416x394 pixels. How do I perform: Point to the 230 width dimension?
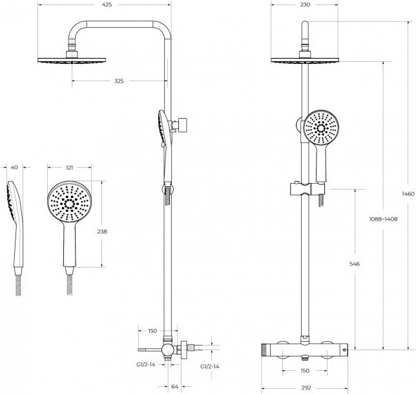point(305,5)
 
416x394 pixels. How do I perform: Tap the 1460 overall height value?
point(408,193)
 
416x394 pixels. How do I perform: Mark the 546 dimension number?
point(354,264)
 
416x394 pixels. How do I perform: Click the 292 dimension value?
point(306,388)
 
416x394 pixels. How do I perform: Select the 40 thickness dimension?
point(15,167)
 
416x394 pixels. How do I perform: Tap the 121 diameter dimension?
point(69,167)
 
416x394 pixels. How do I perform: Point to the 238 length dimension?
point(101,231)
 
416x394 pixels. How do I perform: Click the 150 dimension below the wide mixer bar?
point(305,371)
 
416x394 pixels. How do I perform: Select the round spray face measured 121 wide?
point(69,202)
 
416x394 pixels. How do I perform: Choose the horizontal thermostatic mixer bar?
point(306,349)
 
